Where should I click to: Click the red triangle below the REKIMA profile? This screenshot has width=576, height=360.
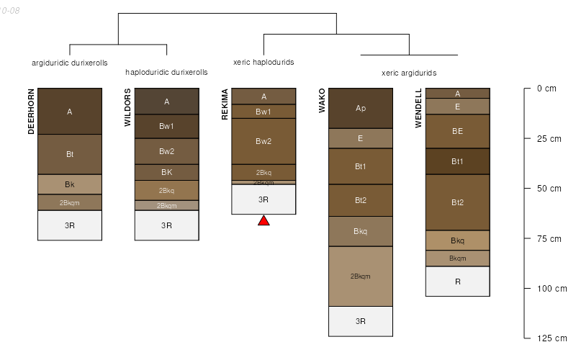coord(264,221)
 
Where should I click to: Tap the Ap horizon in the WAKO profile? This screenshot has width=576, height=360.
coord(361,108)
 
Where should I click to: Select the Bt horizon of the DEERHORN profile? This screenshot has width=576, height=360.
coord(70,154)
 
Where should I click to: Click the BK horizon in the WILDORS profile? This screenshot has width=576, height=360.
coord(166,172)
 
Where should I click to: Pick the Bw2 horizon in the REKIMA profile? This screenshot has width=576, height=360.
coord(264,141)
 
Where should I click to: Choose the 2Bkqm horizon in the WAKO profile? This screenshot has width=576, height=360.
coord(361,276)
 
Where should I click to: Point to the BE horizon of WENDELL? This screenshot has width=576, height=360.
coord(457,131)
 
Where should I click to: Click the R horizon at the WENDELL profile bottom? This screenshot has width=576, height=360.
coord(457,282)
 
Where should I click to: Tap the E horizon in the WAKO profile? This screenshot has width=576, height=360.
coord(361,138)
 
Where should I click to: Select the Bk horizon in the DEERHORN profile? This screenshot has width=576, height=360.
coord(70,184)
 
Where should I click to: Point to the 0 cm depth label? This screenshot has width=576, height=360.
coord(546,89)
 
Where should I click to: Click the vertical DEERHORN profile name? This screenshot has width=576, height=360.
coord(32,112)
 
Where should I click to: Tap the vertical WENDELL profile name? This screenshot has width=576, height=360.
coord(418,108)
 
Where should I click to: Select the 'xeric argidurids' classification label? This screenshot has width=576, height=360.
coord(409,73)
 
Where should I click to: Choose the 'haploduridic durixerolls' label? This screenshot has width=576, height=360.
coord(166,72)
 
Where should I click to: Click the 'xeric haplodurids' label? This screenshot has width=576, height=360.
coord(264,62)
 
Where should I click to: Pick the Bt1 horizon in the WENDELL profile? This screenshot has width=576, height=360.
coord(457,161)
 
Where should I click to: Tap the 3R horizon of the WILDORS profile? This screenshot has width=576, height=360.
coord(166,225)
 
